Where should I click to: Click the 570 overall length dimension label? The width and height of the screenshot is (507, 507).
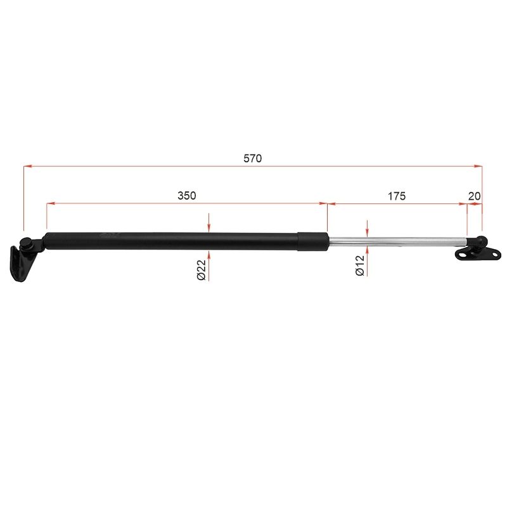coord(252,158)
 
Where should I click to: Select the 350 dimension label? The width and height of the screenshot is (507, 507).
coord(187,196)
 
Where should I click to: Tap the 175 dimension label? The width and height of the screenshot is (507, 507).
coord(397,196)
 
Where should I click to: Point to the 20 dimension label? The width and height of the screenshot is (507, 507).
coord(474,196)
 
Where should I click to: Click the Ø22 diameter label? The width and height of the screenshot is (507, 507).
coord(202,270)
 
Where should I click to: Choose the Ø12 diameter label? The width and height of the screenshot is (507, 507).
coord(359,265)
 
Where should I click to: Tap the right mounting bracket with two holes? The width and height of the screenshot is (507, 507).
coord(478,253)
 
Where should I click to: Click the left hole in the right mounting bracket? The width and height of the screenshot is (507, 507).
coord(463,255)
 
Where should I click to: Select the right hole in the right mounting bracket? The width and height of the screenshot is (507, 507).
coord(494,255)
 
